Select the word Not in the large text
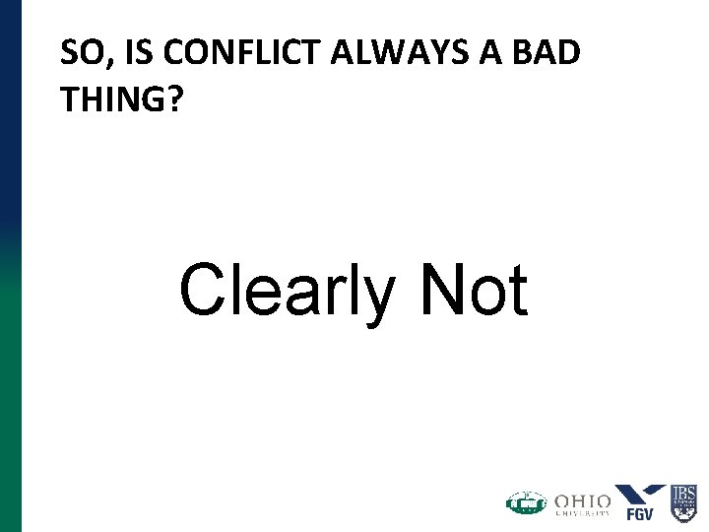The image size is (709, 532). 474,290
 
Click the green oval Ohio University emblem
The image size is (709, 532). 526,503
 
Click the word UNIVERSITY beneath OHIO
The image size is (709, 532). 582,512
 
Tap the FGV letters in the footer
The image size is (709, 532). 640,513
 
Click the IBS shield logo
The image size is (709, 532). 683,502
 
